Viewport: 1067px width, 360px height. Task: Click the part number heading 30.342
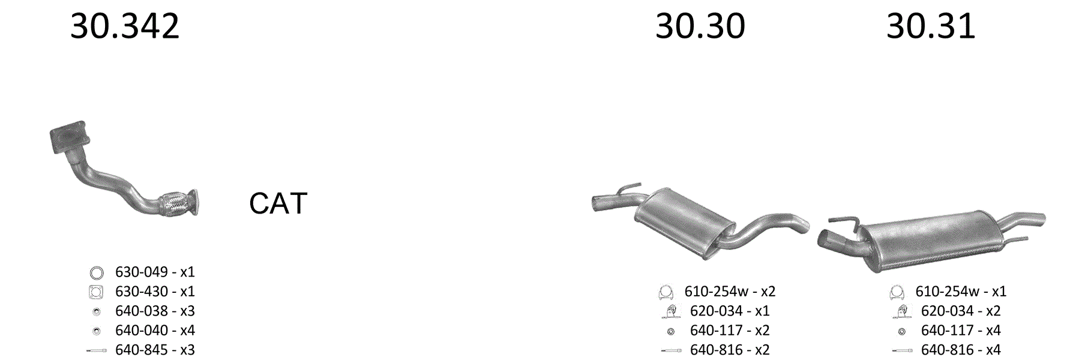[125, 26]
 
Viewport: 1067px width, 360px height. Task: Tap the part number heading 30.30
[700, 26]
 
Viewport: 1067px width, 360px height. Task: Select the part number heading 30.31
[931, 26]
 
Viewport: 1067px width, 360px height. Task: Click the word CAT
[278, 203]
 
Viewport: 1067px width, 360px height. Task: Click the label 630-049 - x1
[155, 272]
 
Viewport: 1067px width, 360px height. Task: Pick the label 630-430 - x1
[155, 292]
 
